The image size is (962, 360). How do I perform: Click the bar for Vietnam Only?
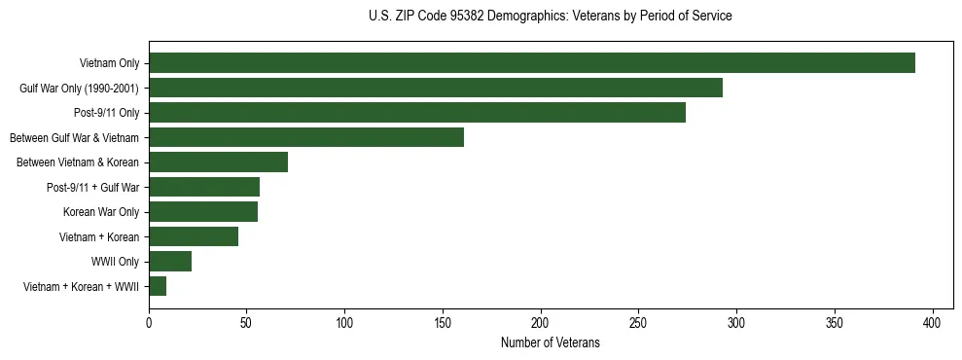coord(532,63)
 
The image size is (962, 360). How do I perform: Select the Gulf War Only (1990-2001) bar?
coord(436,88)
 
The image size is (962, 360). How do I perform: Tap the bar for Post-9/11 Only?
coord(417,113)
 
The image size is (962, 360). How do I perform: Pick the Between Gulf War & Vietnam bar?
coord(306,137)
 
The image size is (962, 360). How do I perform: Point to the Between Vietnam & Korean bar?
coord(219,162)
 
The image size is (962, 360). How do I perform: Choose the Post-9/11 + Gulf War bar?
coord(204,187)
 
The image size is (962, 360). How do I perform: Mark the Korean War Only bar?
coord(203,212)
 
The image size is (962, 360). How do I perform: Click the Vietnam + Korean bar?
coord(194,236)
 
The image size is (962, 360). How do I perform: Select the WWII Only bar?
coord(170,262)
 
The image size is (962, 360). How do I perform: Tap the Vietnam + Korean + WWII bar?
coord(158,286)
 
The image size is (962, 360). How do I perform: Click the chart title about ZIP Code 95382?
coord(551,17)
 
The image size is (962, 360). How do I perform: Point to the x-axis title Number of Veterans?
coord(551,342)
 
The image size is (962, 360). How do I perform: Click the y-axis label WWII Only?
coord(115,262)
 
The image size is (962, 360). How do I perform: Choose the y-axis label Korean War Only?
coord(101,212)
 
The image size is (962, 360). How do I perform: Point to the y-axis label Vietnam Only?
coord(109,63)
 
